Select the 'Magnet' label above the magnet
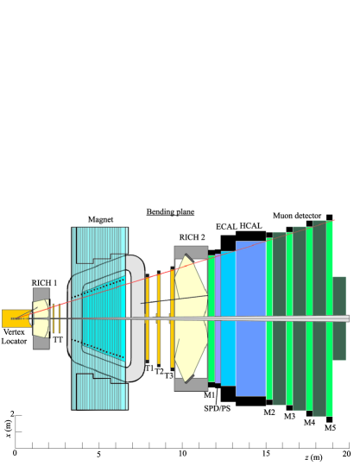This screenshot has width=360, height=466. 99,220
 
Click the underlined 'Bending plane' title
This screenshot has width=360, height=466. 169,211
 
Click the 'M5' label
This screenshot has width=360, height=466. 330,428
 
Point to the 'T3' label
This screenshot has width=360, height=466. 169,376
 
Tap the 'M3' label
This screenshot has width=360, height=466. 289,417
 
